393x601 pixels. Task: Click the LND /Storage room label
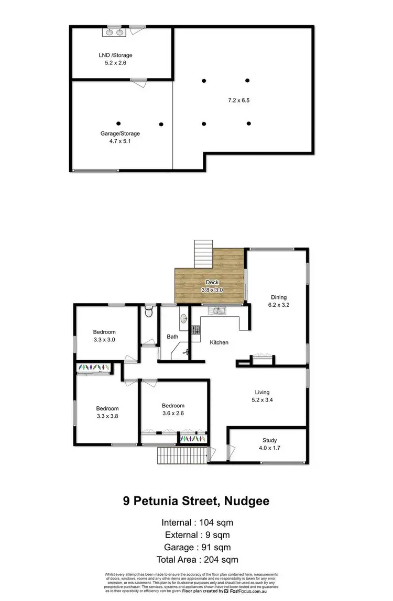click(115, 55)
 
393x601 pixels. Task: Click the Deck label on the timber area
click(212, 282)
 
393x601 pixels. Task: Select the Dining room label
click(278, 297)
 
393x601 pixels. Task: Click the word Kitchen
click(219, 342)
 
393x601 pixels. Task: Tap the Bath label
click(173, 337)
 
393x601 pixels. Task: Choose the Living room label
click(262, 392)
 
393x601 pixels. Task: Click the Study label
click(269, 440)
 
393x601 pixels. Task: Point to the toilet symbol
click(149, 313)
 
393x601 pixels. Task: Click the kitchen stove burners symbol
click(195, 330)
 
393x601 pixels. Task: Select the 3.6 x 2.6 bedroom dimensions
click(173, 413)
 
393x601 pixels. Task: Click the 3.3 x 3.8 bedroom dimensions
click(107, 416)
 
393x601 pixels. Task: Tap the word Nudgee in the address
click(246, 501)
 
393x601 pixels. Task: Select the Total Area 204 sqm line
click(196, 560)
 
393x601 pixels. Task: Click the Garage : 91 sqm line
click(196, 547)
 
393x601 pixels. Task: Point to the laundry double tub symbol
click(115, 32)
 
